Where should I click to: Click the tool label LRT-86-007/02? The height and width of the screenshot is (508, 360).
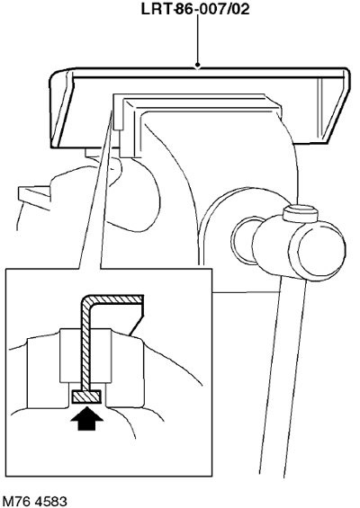195,9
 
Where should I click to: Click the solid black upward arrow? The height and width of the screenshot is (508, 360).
86,418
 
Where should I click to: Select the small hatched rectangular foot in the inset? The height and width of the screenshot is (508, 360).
86,397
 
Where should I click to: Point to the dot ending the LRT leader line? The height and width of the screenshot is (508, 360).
198,66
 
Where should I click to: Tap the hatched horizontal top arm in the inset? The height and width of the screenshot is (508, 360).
115,299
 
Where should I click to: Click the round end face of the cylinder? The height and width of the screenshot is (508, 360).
321,248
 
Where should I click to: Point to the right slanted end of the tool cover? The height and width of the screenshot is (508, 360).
334,107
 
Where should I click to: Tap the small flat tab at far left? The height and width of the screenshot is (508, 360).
34,197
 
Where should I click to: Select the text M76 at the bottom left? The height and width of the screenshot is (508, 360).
15,501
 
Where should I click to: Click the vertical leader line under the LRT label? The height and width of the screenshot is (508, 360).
198,40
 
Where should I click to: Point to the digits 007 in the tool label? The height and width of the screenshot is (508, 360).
211,9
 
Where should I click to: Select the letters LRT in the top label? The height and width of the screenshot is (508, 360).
157,9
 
